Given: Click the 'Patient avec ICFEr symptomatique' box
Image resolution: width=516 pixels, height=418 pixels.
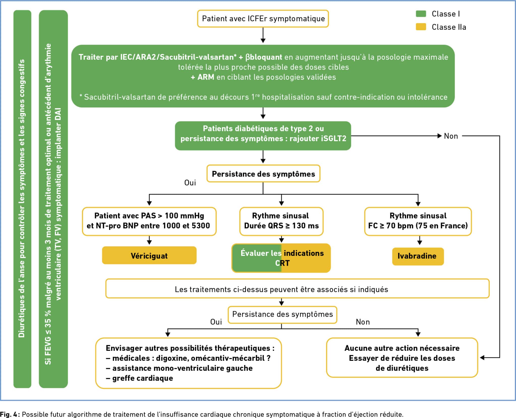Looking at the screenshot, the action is pyautogui.click(x=263, y=19).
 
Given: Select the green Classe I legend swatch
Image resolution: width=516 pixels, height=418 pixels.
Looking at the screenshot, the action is pyautogui.click(x=421, y=14).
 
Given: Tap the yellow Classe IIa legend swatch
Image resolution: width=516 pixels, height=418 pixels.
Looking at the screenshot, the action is pyautogui.click(x=421, y=27).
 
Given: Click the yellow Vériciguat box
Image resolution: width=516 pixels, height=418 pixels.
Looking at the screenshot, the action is pyautogui.click(x=149, y=255).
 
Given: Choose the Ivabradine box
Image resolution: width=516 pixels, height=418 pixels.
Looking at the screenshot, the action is pyautogui.click(x=418, y=256).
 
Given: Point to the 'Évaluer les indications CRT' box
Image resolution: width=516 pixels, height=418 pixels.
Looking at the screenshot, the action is pyautogui.click(x=281, y=258).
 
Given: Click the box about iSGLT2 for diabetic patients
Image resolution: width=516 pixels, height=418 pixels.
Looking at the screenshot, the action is pyautogui.click(x=263, y=136).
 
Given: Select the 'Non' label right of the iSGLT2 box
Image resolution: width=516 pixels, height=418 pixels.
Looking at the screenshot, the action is pyautogui.click(x=451, y=136).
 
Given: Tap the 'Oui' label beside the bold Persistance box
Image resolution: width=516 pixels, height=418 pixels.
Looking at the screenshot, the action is pyautogui.click(x=190, y=183).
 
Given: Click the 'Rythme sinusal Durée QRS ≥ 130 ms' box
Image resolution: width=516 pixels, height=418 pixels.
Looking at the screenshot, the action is pyautogui.click(x=281, y=221).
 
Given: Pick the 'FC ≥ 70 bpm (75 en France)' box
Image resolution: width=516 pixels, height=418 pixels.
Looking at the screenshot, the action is pyautogui.click(x=418, y=221).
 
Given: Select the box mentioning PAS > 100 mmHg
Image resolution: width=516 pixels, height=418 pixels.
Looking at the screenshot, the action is pyautogui.click(x=149, y=221).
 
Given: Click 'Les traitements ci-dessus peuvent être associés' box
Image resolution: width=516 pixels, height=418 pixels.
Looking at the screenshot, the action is pyautogui.click(x=297, y=288).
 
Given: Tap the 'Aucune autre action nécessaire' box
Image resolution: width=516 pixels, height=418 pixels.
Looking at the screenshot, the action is pyautogui.click(x=402, y=357).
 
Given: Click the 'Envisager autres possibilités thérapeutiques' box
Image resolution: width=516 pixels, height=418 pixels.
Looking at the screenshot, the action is pyautogui.click(x=188, y=363).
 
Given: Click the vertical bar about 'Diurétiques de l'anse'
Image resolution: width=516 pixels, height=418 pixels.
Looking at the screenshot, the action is pyautogui.click(x=22, y=199).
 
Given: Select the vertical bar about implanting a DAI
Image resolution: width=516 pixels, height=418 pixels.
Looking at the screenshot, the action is pyautogui.click(x=53, y=199).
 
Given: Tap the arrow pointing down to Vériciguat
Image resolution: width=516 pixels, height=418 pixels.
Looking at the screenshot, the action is pyautogui.click(x=149, y=240).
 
